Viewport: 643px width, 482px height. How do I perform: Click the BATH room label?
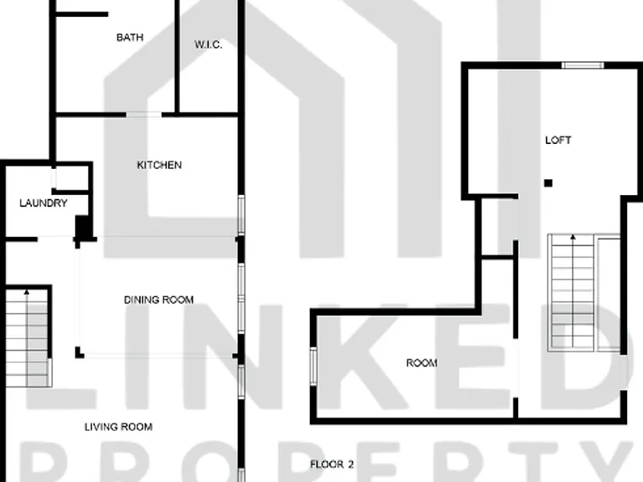pyautogui.click(x=130, y=38)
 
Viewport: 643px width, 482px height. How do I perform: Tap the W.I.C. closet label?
pyautogui.click(x=208, y=44)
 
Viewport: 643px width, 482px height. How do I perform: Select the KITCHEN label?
pyautogui.click(x=159, y=165)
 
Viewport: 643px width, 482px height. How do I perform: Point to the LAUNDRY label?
pyautogui.click(x=44, y=203)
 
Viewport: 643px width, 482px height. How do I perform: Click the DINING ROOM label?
pyautogui.click(x=159, y=300)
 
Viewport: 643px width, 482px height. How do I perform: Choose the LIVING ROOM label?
pyautogui.click(x=119, y=427)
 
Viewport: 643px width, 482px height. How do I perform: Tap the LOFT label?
pyautogui.click(x=558, y=141)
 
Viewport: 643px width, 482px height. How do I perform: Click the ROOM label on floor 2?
pyautogui.click(x=422, y=362)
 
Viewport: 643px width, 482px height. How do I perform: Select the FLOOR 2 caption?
pyautogui.click(x=332, y=464)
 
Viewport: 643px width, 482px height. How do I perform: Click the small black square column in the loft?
pyautogui.click(x=548, y=182)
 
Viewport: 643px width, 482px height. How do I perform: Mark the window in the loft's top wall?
pyautogui.click(x=583, y=65)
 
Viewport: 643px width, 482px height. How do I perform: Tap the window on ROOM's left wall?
pyautogui.click(x=313, y=367)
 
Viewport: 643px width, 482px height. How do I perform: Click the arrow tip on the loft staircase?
pyautogui.click(x=573, y=236)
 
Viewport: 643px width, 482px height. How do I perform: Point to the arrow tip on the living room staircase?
pyautogui.click(x=27, y=291)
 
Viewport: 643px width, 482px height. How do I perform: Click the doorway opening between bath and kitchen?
pyautogui.click(x=144, y=115)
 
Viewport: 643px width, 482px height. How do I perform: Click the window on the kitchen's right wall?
pyautogui.click(x=241, y=215)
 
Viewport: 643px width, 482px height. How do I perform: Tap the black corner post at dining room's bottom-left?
pyautogui.click(x=80, y=352)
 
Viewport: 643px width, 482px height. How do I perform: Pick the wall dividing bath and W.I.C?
pyautogui.click(x=177, y=58)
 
